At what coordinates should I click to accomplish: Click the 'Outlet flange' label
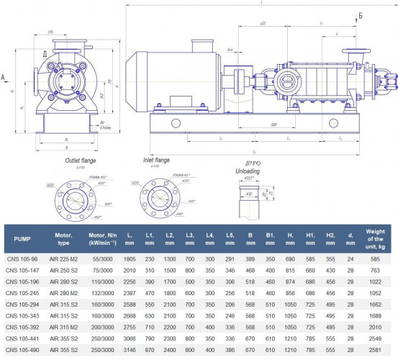tap(79, 161)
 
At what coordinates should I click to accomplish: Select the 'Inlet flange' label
tap(157, 160)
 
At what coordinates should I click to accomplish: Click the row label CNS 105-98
tap(21, 257)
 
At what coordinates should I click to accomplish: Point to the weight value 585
tap(376, 257)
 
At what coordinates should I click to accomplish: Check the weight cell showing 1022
tap(376, 280)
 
